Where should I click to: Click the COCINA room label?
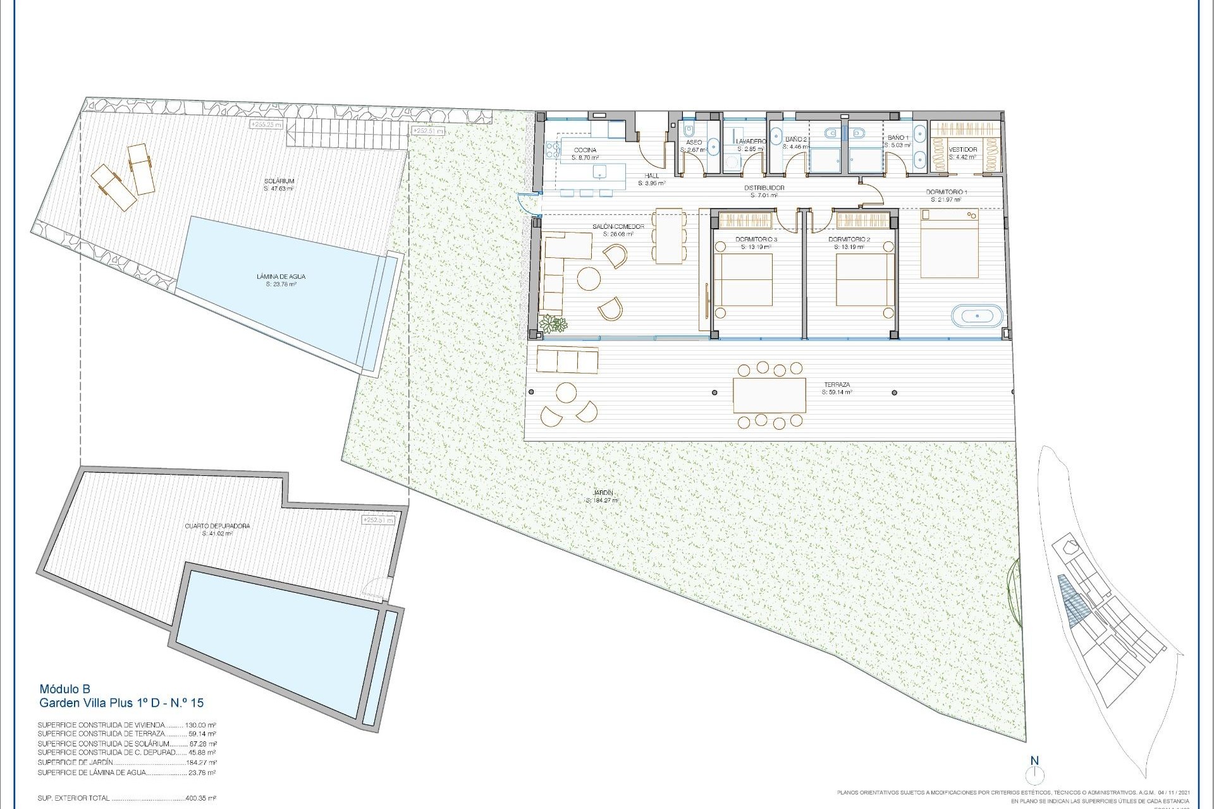pyautogui.click(x=584, y=150)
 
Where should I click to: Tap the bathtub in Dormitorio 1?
pyautogui.click(x=977, y=315)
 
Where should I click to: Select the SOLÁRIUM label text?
pyautogui.click(x=279, y=181)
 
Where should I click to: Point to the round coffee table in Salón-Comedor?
pyautogui.click(x=589, y=279)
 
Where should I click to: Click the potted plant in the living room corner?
pyautogui.click(x=556, y=324)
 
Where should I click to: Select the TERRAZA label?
pyautogui.click(x=836, y=384)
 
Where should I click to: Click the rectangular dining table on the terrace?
pyautogui.click(x=769, y=395)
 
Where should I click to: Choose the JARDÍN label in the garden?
pyautogui.click(x=603, y=493)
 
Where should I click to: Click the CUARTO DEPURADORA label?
pyautogui.click(x=217, y=526)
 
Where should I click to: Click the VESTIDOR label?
pyautogui.click(x=962, y=150)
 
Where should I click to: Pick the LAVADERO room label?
pyautogui.click(x=751, y=142)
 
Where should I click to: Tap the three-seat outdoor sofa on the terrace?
pyautogui.click(x=567, y=360)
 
